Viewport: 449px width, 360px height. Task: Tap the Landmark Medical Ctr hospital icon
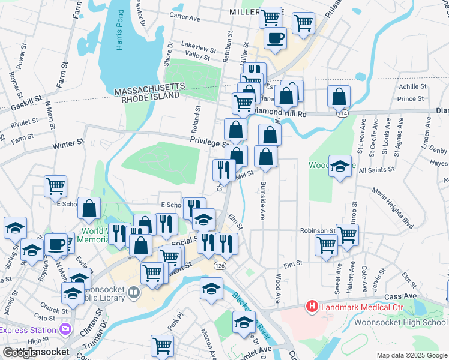click(312, 307)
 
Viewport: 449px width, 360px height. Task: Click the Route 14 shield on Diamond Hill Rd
click(343, 113)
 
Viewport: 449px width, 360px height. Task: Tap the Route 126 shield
click(220, 265)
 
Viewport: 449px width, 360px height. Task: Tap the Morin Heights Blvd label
click(393, 207)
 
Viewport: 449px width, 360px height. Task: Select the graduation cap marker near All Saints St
click(340, 166)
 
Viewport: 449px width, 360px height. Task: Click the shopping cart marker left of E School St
click(55, 186)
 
